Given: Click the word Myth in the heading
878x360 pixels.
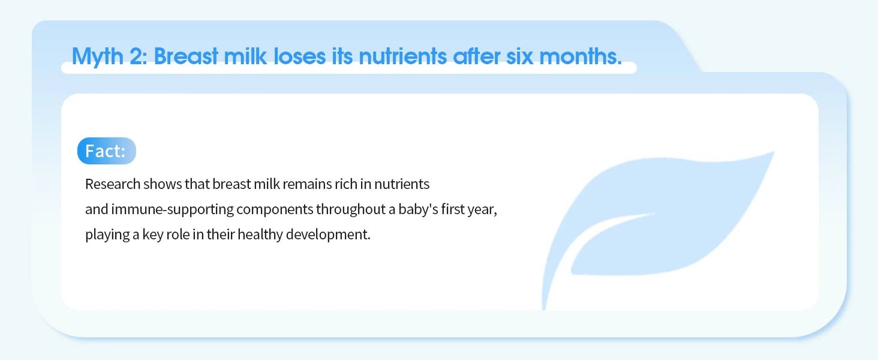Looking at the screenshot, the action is pyautogui.click(x=98, y=56).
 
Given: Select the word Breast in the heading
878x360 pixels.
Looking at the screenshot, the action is pyautogui.click(x=186, y=56).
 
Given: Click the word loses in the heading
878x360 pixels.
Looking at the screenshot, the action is pyautogui.click(x=299, y=56).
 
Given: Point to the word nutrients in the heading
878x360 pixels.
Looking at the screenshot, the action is pyautogui.click(x=402, y=56).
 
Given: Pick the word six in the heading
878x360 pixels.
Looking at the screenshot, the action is pyautogui.click(x=520, y=56).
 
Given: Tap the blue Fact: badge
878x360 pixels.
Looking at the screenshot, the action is pyautogui.click(x=107, y=151).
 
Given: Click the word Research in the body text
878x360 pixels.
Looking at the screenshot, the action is pyautogui.click(x=113, y=184).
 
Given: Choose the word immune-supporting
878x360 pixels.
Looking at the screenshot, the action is pyautogui.click(x=173, y=209).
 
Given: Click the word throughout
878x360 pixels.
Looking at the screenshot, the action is pyautogui.click(x=351, y=209).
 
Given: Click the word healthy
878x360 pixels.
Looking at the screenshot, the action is pyautogui.click(x=260, y=235).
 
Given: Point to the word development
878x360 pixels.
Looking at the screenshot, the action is pyautogui.click(x=328, y=235).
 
